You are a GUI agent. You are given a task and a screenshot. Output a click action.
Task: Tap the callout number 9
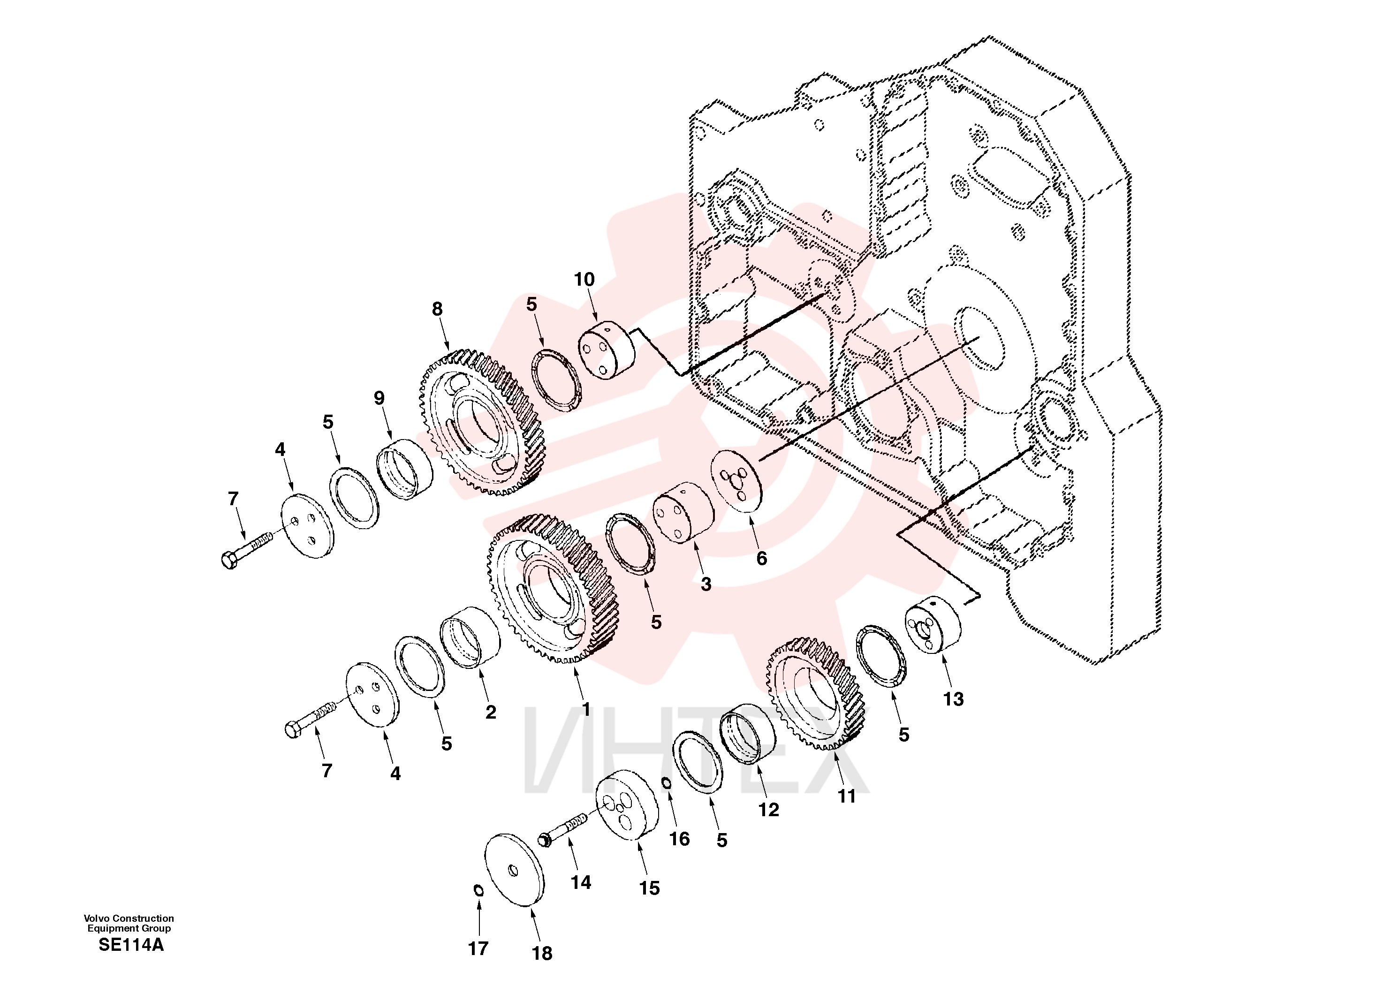click(379, 398)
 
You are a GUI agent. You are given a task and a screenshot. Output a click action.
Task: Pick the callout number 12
click(768, 810)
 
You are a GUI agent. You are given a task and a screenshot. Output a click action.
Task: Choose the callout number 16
click(679, 839)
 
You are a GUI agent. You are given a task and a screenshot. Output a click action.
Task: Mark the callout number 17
click(478, 948)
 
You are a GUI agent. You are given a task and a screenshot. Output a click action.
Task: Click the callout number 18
click(542, 953)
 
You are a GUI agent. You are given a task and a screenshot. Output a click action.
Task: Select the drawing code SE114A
click(131, 945)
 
